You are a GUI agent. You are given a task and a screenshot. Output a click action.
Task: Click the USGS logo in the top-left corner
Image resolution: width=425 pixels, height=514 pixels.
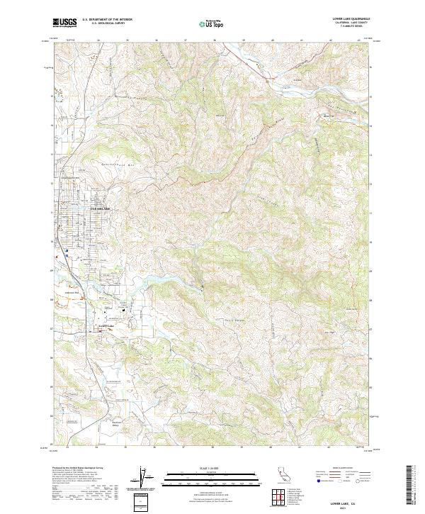click(64, 23)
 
